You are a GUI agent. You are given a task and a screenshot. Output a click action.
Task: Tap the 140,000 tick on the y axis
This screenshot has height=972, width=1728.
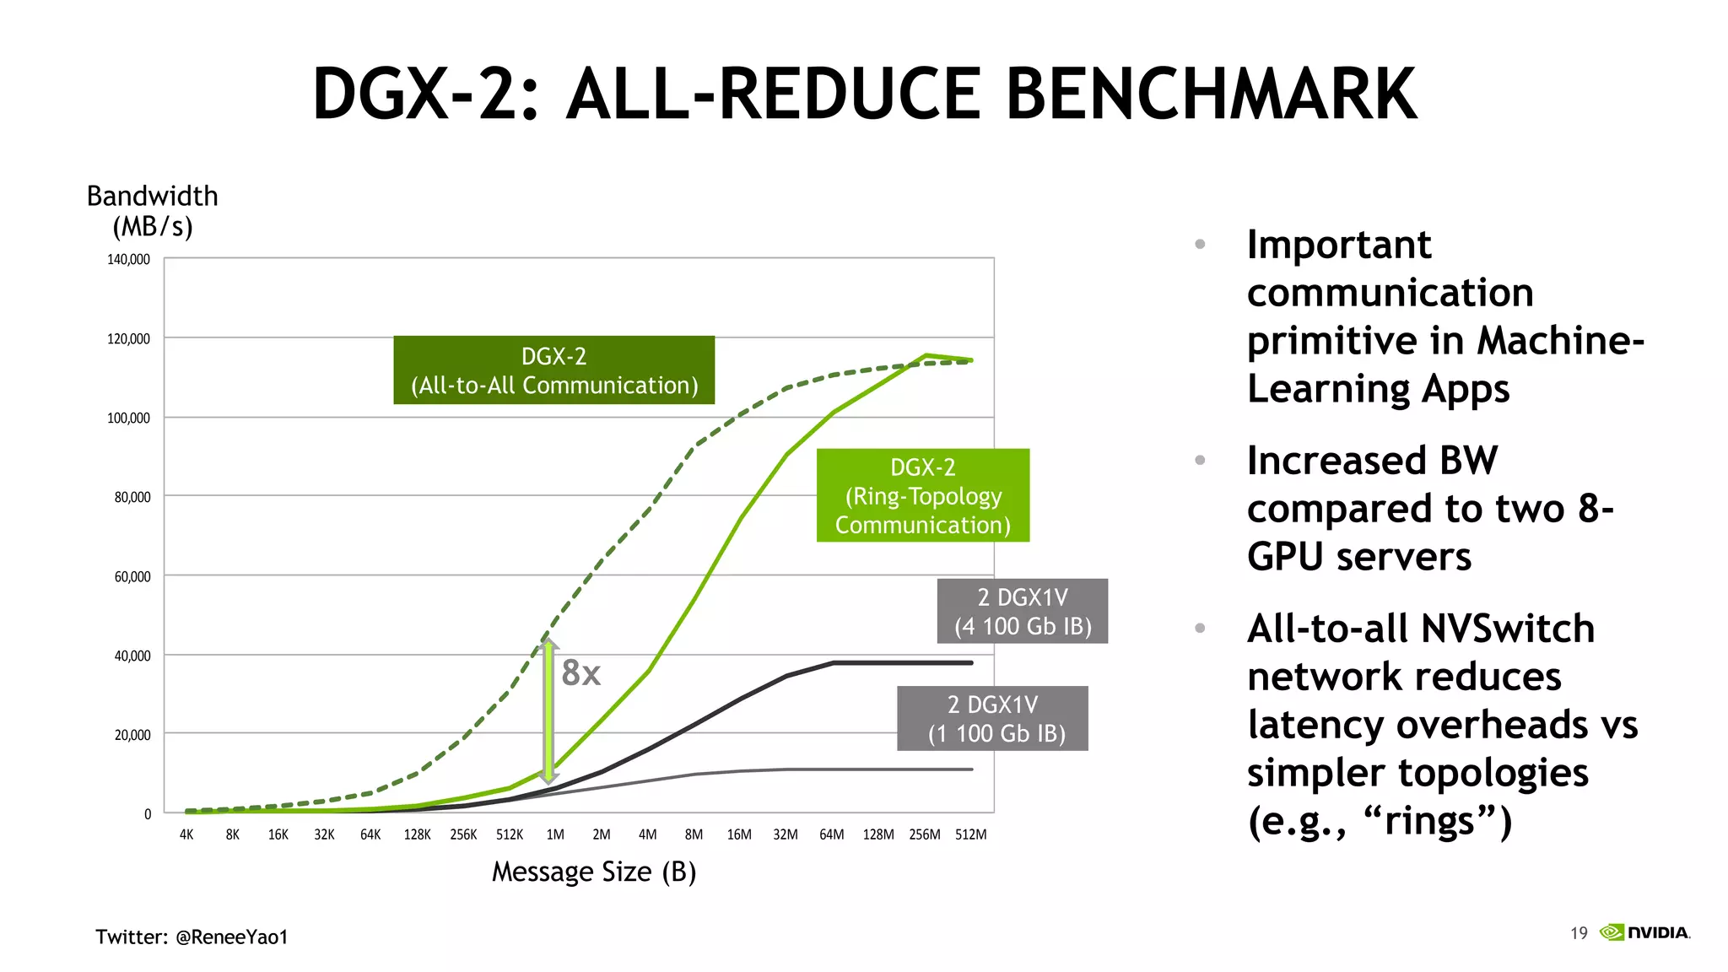128,259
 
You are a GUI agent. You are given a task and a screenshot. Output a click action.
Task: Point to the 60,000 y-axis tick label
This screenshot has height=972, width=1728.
132,576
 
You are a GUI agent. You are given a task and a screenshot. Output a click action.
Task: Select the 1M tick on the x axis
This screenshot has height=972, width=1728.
555,834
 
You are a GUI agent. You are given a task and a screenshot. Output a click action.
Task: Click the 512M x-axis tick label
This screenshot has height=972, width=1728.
970,834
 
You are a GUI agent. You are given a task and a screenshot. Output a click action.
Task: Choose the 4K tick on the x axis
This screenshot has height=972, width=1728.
186,834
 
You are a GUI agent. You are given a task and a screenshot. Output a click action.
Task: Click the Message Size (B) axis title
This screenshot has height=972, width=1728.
594,872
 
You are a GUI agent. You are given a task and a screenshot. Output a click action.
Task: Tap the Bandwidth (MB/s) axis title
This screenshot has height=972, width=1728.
153,211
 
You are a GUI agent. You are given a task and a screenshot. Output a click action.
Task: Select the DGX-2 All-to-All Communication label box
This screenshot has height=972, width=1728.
553,370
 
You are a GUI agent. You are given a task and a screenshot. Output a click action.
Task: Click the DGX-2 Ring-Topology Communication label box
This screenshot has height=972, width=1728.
923,495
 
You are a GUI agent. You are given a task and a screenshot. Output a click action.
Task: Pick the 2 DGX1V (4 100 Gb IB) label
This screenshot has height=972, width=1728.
1023,612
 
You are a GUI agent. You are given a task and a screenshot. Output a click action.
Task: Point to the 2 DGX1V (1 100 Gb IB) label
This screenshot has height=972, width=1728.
992,719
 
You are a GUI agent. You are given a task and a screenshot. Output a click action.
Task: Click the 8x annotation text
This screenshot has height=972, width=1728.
581,673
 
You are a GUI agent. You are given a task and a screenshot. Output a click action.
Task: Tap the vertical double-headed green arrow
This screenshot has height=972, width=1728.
548,711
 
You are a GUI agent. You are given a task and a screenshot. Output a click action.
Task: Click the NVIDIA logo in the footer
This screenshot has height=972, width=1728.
1645,932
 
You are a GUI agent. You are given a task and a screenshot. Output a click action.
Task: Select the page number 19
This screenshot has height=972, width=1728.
1579,933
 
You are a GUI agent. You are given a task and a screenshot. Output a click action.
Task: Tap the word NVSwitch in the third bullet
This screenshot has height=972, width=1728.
1508,629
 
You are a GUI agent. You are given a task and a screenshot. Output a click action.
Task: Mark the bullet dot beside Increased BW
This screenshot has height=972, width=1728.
1200,460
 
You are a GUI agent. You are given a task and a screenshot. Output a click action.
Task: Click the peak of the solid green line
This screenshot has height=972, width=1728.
926,355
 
